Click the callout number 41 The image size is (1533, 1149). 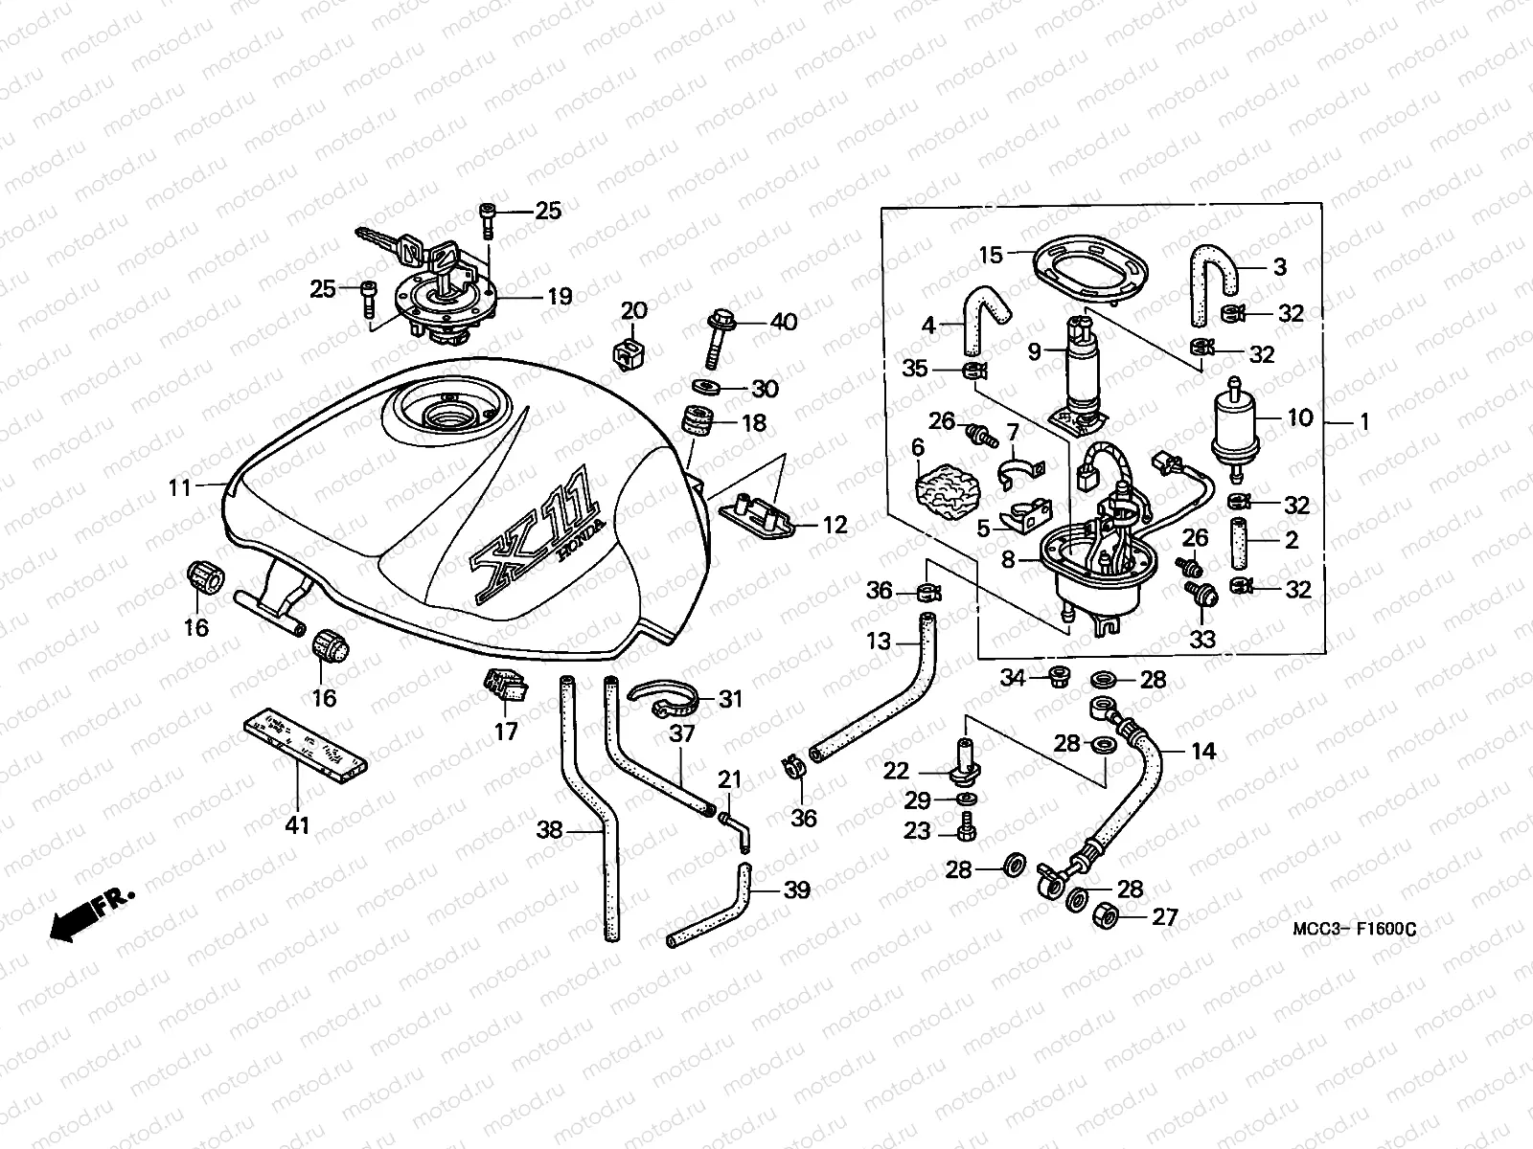pyautogui.click(x=298, y=823)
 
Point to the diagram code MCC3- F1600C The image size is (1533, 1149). pyautogui.click(x=1353, y=928)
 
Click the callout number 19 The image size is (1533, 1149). pyautogui.click(x=559, y=297)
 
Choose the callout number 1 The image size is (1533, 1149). pyautogui.click(x=1364, y=421)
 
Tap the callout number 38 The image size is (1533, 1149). pyautogui.click(x=549, y=831)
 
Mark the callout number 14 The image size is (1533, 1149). pyautogui.click(x=1203, y=752)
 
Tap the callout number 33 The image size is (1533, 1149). pyautogui.click(x=1201, y=639)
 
